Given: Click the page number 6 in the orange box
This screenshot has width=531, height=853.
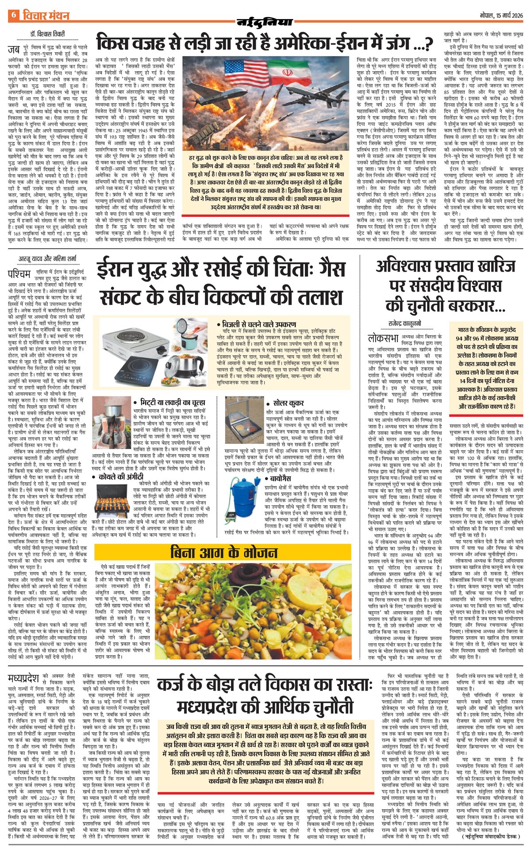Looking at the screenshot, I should tap(14, 15).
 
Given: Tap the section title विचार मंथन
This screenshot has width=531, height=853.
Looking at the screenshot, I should tap(46, 15).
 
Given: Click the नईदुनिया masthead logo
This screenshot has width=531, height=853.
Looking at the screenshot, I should tap(265, 22).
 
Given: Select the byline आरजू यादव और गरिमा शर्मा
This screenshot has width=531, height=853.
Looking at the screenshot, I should tap(47, 258).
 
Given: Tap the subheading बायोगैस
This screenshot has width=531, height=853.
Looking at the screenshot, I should tap(280, 478).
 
